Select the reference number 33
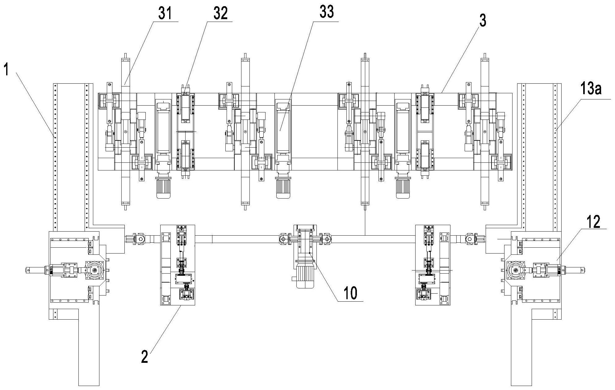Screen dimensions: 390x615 click(326, 13)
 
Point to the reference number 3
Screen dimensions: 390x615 click(483, 21)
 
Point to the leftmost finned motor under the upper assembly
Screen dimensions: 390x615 click(164, 188)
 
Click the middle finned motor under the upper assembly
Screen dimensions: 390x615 click(283, 188)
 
